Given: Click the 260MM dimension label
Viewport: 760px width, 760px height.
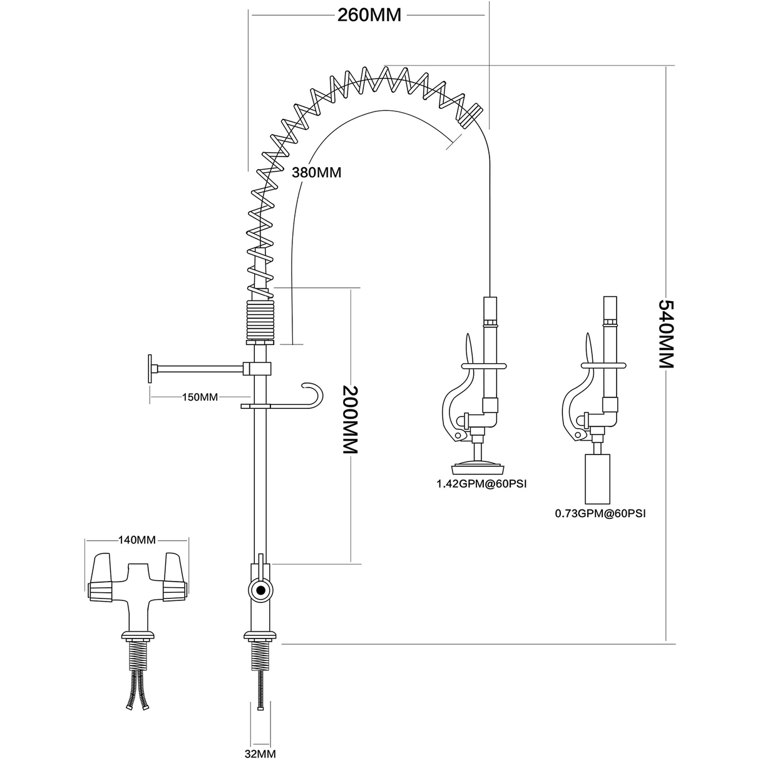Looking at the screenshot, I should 369,15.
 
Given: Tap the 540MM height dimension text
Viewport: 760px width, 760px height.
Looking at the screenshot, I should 665,334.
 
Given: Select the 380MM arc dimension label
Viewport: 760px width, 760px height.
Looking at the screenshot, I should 317,172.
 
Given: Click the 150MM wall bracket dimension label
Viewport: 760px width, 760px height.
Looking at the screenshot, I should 200,397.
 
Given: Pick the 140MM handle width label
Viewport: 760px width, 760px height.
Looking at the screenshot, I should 136,540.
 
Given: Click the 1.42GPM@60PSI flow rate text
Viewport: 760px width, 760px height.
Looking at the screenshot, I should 478,483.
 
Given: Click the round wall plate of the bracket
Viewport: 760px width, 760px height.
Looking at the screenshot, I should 151,369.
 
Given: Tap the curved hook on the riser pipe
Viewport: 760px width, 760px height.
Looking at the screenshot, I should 313,397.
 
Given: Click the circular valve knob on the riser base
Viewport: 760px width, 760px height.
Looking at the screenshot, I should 259,589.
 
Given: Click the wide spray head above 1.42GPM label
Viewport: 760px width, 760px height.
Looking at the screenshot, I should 478,466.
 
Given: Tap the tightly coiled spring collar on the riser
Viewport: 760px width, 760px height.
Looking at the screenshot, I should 260,319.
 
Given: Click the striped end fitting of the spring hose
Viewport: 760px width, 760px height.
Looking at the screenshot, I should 470,115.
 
